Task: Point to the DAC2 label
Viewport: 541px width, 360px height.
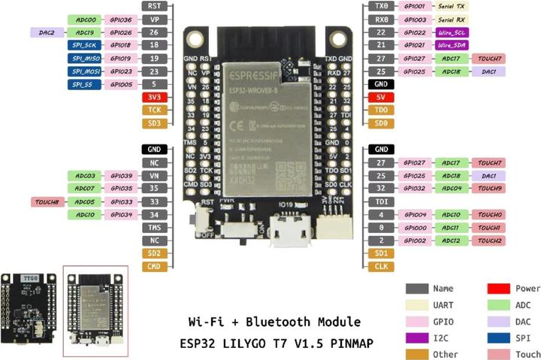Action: point(47,32)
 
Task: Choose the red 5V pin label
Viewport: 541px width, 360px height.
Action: point(382,97)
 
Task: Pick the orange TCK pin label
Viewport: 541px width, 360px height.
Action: point(154,110)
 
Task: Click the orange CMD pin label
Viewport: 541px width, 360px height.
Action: point(154,266)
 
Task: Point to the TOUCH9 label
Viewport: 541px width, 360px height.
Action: point(489,189)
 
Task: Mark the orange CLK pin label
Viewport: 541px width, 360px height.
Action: point(382,266)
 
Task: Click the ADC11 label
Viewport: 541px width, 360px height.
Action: point(451,228)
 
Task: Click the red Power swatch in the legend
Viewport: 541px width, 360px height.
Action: point(499,289)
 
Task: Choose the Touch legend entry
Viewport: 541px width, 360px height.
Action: point(527,354)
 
